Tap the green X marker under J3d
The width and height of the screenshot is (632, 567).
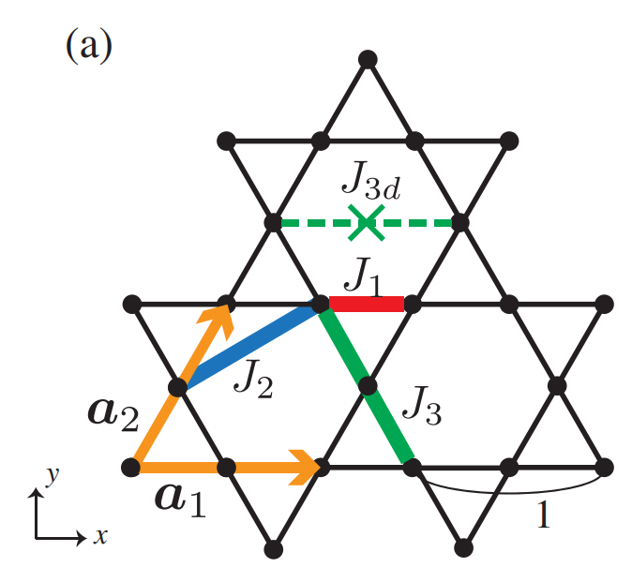click(367, 222)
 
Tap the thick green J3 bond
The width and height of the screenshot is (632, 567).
click(366, 383)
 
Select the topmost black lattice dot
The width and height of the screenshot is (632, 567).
click(368, 59)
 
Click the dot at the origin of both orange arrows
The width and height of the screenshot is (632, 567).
click(132, 466)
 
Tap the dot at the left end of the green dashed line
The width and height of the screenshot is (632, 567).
click(273, 223)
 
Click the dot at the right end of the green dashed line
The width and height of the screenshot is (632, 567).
click(460, 223)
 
